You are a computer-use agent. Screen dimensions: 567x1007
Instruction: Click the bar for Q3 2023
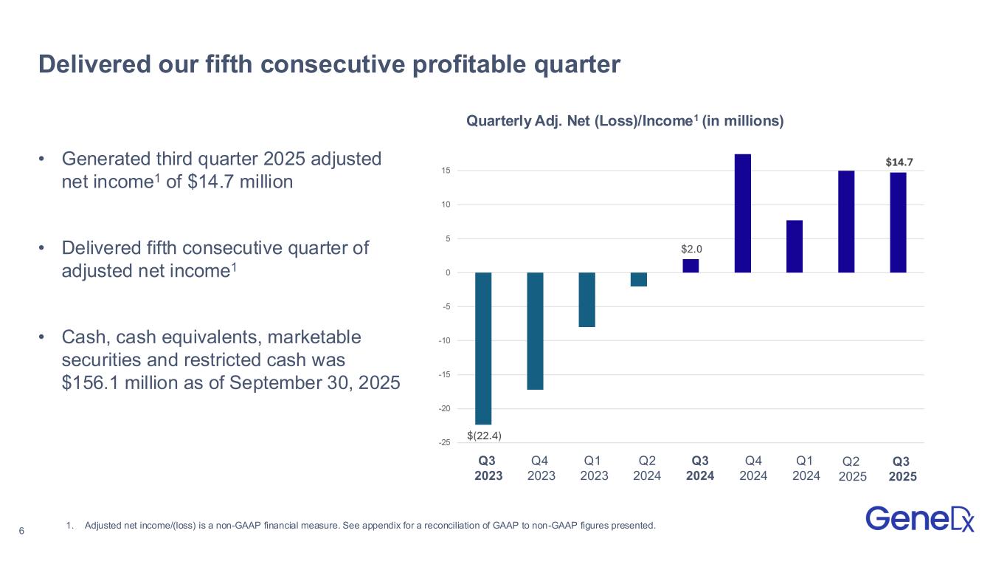tap(483, 348)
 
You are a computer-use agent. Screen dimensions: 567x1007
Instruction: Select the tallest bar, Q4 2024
tap(743, 213)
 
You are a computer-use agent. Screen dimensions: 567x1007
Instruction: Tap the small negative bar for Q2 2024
tap(639, 279)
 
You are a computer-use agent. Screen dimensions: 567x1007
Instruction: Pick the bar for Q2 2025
tap(846, 221)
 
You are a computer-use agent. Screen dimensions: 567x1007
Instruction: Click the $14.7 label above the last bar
tap(898, 161)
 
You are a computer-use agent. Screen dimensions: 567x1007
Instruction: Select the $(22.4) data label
tap(484, 435)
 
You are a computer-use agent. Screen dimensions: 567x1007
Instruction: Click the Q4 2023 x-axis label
tap(541, 468)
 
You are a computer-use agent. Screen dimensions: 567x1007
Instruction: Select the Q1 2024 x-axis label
tap(806, 468)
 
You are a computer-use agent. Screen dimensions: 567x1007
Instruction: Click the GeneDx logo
tap(919, 518)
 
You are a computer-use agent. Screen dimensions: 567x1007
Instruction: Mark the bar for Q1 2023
tap(587, 300)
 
